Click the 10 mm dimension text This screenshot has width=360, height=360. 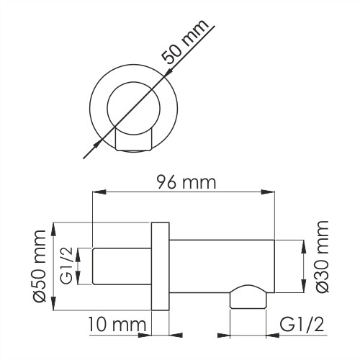click(114, 325)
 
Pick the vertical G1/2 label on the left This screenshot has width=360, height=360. click(66, 267)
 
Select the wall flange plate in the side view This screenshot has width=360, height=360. click(160, 266)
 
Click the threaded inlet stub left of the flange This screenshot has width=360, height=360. click(121, 267)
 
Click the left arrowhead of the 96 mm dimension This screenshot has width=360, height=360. click(97, 192)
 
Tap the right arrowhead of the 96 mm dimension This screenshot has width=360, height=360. click(269, 192)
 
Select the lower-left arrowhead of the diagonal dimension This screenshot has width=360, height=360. click(91, 155)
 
